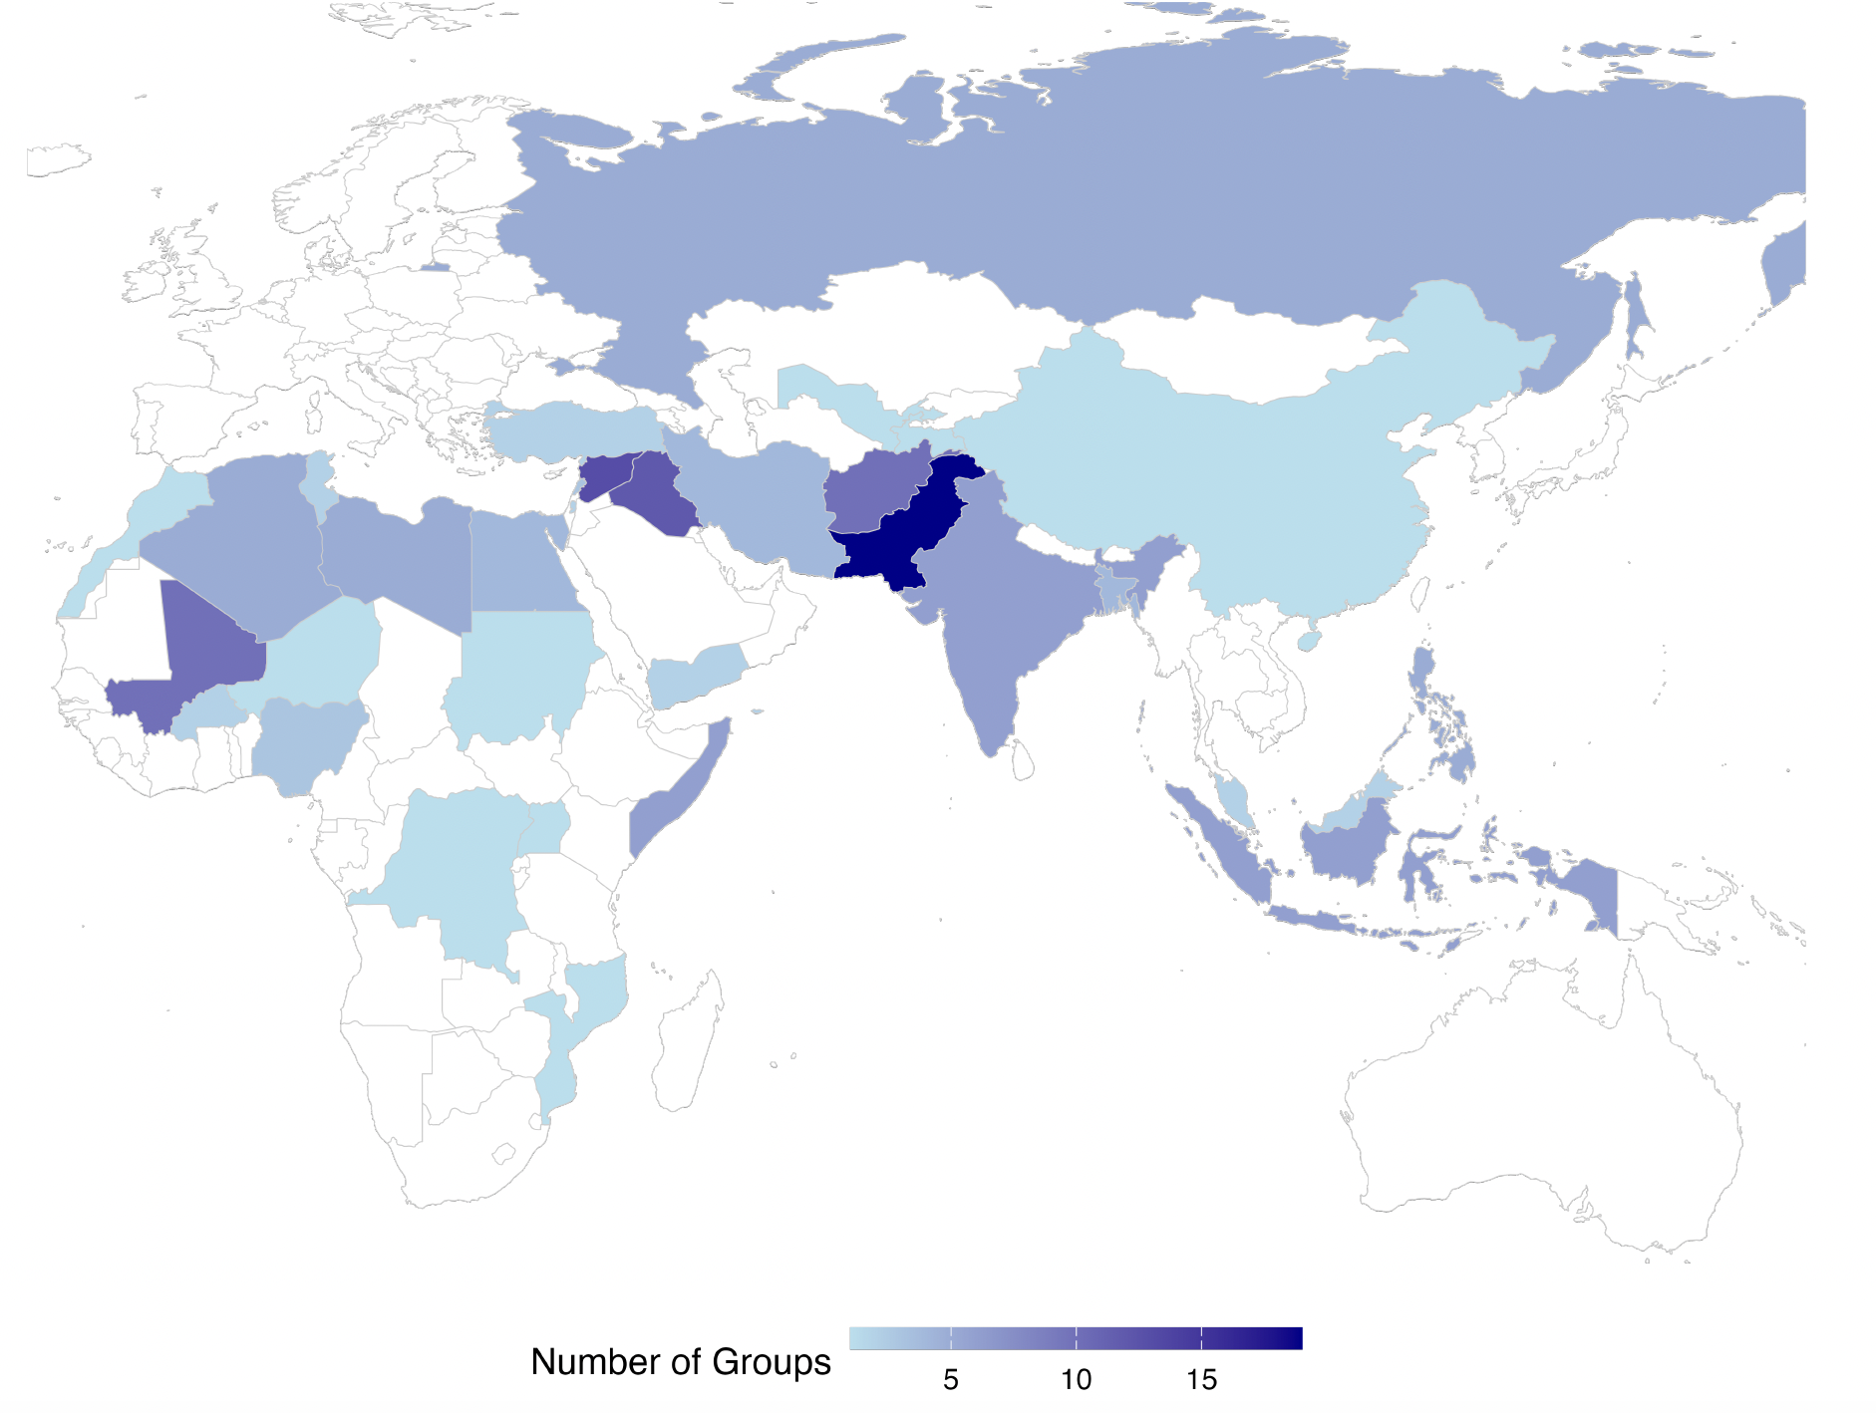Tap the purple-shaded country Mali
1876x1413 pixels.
click(x=204, y=648)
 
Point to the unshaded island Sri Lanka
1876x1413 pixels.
click(x=1023, y=759)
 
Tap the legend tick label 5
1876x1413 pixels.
click(x=951, y=1380)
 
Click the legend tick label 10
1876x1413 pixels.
click(x=1076, y=1380)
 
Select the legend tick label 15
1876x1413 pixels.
click(x=1201, y=1380)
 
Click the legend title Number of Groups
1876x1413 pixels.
click(x=680, y=1362)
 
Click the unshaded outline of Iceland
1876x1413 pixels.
click(x=58, y=159)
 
